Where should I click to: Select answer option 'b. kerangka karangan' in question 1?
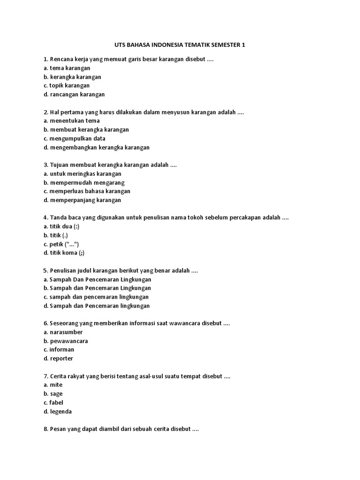(72, 77)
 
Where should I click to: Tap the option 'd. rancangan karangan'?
(74, 94)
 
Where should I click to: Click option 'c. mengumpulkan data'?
(74, 138)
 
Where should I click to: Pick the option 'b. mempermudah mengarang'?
(84, 182)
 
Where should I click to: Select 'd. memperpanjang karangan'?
(82, 200)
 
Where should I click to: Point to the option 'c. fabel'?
(53, 403)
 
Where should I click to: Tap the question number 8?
(45, 429)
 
